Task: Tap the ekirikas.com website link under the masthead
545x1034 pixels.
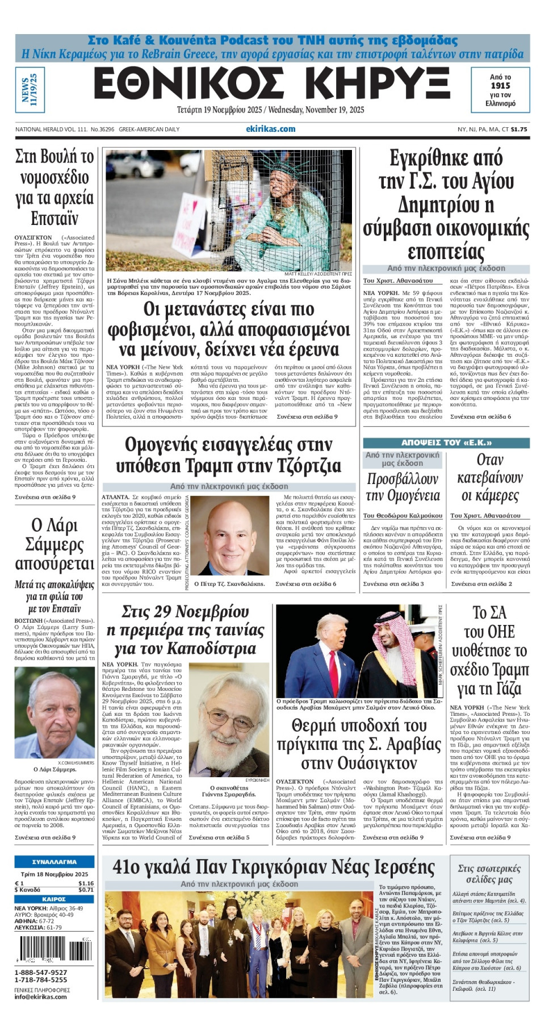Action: pyautogui.click(x=270, y=129)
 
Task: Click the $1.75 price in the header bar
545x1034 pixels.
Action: pyautogui.click(x=518, y=129)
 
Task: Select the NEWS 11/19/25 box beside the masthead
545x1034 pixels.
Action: pyautogui.click(x=30, y=89)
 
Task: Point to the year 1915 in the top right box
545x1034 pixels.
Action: pyautogui.click(x=500, y=86)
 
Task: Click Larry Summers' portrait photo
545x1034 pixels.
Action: pyautogui.click(x=54, y=713)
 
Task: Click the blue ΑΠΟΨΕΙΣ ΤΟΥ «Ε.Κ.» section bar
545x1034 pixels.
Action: pyautogui.click(x=446, y=443)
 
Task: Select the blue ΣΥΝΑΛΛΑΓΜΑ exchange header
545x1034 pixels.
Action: pyautogui.click(x=54, y=862)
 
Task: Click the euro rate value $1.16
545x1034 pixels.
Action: pyautogui.click(x=86, y=883)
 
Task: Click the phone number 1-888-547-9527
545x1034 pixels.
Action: pyautogui.click(x=40, y=972)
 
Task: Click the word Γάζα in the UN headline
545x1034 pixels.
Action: pyautogui.click(x=508, y=688)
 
